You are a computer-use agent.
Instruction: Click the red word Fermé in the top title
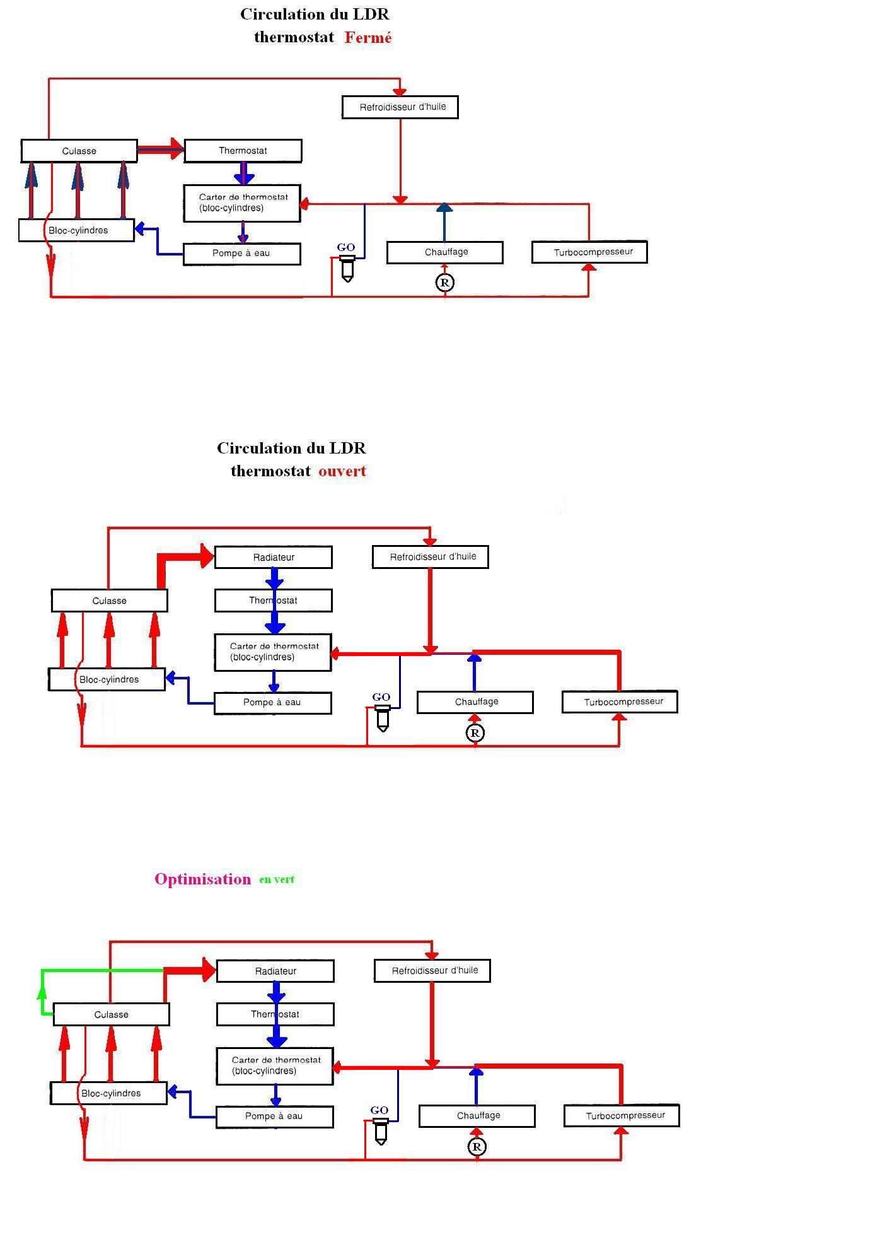click(368, 38)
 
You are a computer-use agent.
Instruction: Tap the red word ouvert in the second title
click(342, 471)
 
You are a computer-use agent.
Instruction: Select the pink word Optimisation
click(202, 879)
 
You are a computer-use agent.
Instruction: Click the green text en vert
click(277, 879)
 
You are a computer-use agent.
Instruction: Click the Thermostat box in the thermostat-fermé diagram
click(243, 151)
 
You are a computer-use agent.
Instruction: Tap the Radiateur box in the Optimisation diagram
click(275, 971)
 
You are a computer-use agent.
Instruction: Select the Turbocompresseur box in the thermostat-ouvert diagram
click(620, 702)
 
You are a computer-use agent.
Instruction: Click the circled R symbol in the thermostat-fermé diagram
click(445, 282)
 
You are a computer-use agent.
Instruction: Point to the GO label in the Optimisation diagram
click(379, 1110)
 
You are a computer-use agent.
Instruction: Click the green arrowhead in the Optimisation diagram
click(42, 992)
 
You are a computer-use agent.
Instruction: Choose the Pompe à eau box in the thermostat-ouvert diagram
click(272, 703)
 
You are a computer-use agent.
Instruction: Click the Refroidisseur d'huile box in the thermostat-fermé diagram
click(400, 107)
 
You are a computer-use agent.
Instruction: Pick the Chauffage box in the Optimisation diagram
click(477, 1116)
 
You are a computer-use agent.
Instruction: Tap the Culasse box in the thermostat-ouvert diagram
click(109, 601)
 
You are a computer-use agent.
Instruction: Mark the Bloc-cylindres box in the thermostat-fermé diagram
click(76, 230)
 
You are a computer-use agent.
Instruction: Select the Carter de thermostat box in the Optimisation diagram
click(274, 1066)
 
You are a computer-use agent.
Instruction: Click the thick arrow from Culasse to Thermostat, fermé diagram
click(161, 150)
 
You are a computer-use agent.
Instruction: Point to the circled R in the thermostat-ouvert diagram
click(475, 733)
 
